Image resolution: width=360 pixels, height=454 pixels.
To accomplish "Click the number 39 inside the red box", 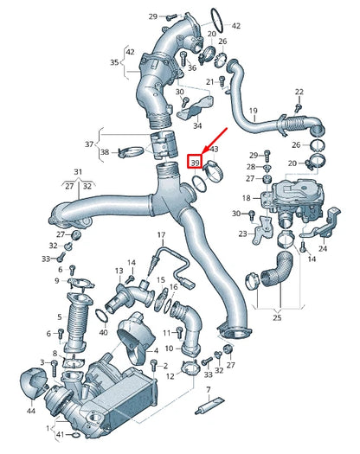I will [x=195, y=163].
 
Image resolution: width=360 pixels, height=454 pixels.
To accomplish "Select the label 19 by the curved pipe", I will [x=254, y=112].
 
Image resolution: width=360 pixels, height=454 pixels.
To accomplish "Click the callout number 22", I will [x=299, y=93].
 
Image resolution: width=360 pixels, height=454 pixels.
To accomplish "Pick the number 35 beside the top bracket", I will [x=113, y=62].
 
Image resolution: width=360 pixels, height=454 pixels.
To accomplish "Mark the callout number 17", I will [x=160, y=235].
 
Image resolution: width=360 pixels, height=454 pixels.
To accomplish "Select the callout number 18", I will [x=246, y=198].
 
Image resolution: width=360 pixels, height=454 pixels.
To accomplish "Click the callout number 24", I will [x=323, y=248].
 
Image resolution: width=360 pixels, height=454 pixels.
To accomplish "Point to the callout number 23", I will [x=244, y=233].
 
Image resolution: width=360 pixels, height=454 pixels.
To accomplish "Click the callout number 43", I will [x=215, y=150].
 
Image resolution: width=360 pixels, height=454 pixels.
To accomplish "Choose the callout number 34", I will [x=198, y=126].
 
